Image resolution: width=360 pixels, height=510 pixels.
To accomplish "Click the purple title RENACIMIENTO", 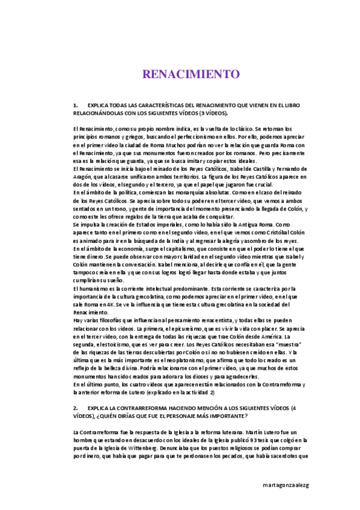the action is (191, 74).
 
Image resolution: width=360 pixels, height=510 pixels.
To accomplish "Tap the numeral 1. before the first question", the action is (75, 105).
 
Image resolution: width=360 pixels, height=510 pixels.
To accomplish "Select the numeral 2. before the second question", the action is (75, 408).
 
